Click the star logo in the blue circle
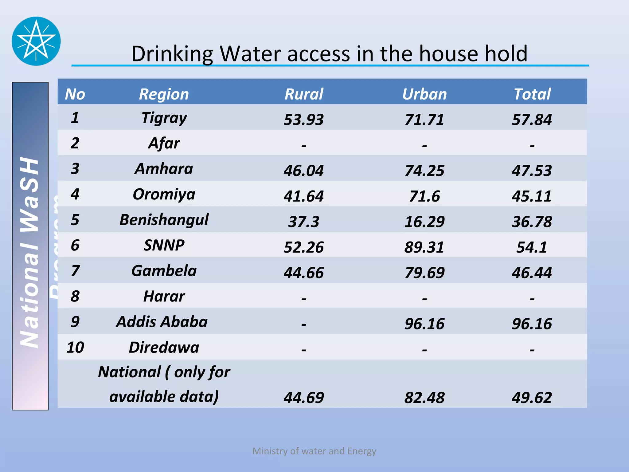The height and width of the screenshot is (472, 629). pos(36,41)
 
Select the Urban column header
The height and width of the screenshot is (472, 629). pos(424,94)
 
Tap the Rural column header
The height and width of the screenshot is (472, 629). pos(304,94)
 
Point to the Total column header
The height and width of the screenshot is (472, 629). pos(532,94)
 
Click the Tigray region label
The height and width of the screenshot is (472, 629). pos(164,118)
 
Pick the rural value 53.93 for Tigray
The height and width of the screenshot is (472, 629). pos(304,120)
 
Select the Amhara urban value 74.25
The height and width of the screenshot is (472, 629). pos(424,171)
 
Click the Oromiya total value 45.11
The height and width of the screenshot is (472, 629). pos(532,196)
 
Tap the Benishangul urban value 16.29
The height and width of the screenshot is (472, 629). pos(424,222)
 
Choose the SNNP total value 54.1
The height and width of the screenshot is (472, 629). pos(532,247)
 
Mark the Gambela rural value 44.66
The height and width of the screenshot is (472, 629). pos(304,273)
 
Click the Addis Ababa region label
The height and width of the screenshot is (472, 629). pos(162,322)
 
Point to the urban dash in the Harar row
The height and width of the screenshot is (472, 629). pos(424,298)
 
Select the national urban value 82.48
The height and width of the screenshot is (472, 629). pos(424,397)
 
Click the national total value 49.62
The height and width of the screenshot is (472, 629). pos(532,397)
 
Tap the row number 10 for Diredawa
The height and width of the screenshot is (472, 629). pos(75,347)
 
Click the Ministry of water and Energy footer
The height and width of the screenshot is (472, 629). pos(314,451)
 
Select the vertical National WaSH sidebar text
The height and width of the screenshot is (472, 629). pos(29,252)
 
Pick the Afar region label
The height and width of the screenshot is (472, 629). pos(164,143)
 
